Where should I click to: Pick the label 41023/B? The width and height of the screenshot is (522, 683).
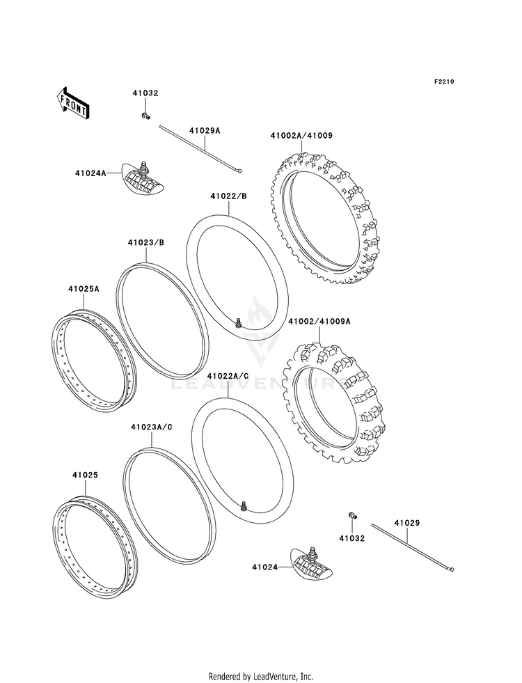(145, 243)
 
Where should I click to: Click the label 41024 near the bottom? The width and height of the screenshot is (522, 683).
(265, 567)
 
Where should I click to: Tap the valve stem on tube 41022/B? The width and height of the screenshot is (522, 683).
(238, 322)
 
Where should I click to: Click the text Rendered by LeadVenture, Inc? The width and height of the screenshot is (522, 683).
(261, 676)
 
